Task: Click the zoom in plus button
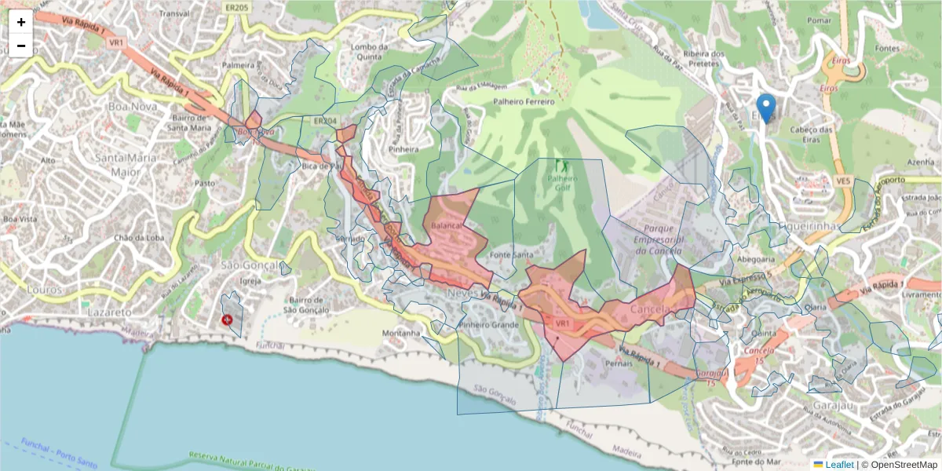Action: tap(21, 22)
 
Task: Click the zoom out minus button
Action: tap(21, 46)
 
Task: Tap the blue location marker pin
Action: tap(765, 108)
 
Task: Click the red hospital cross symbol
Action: tap(228, 320)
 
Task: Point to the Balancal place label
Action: tap(447, 225)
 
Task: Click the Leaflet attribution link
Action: tap(839, 465)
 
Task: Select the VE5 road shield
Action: tap(843, 181)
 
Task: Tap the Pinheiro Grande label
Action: tap(489, 324)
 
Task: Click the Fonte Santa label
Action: tap(511, 255)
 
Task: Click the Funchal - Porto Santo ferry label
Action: tap(60, 453)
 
